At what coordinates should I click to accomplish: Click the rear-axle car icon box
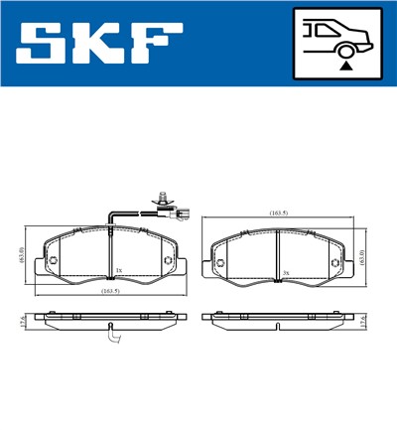coord(337,44)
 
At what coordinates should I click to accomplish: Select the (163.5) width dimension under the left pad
coord(110,291)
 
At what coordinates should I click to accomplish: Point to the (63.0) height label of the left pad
coord(22,256)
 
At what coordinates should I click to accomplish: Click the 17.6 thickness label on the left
coord(22,320)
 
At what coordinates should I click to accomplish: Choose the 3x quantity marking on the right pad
coord(285,272)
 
